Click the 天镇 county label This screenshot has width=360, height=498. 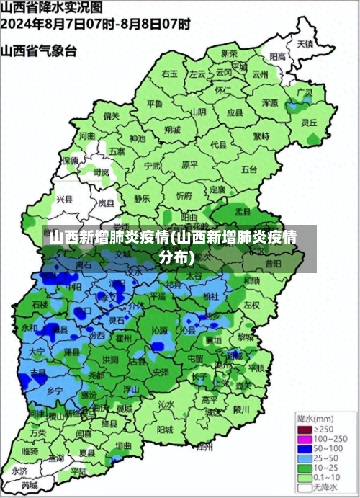305,43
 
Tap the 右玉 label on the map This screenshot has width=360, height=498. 170,74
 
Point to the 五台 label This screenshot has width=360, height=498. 249,169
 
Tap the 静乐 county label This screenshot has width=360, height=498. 142,197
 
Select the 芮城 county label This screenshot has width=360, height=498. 29,486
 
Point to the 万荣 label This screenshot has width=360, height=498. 38,433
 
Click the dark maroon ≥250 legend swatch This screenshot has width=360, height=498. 305,429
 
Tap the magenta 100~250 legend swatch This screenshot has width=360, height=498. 305,438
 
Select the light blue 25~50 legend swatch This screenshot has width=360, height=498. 305,458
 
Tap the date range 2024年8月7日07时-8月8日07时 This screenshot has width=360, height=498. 95,24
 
